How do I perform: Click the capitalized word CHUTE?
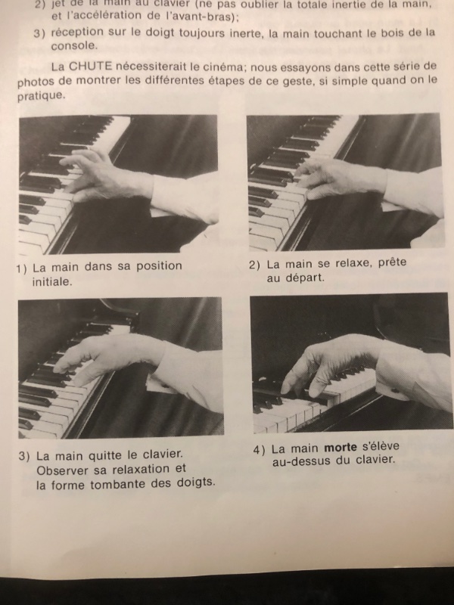tap(90, 67)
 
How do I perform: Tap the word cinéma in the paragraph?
tap(222, 67)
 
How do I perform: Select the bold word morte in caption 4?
tap(340, 447)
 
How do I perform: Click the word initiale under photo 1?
tap(52, 281)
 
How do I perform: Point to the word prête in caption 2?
tap(392, 262)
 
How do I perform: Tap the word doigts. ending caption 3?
tap(196, 482)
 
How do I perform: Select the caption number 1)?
tap(22, 268)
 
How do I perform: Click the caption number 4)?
tap(259, 450)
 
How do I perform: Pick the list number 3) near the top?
tap(40, 33)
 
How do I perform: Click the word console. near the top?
tap(74, 45)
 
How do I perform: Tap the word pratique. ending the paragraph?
tap(42, 96)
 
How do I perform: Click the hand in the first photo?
tap(105, 175)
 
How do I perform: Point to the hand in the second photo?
tap(340, 178)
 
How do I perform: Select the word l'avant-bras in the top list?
tap(203, 17)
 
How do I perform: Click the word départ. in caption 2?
tap(305, 278)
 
